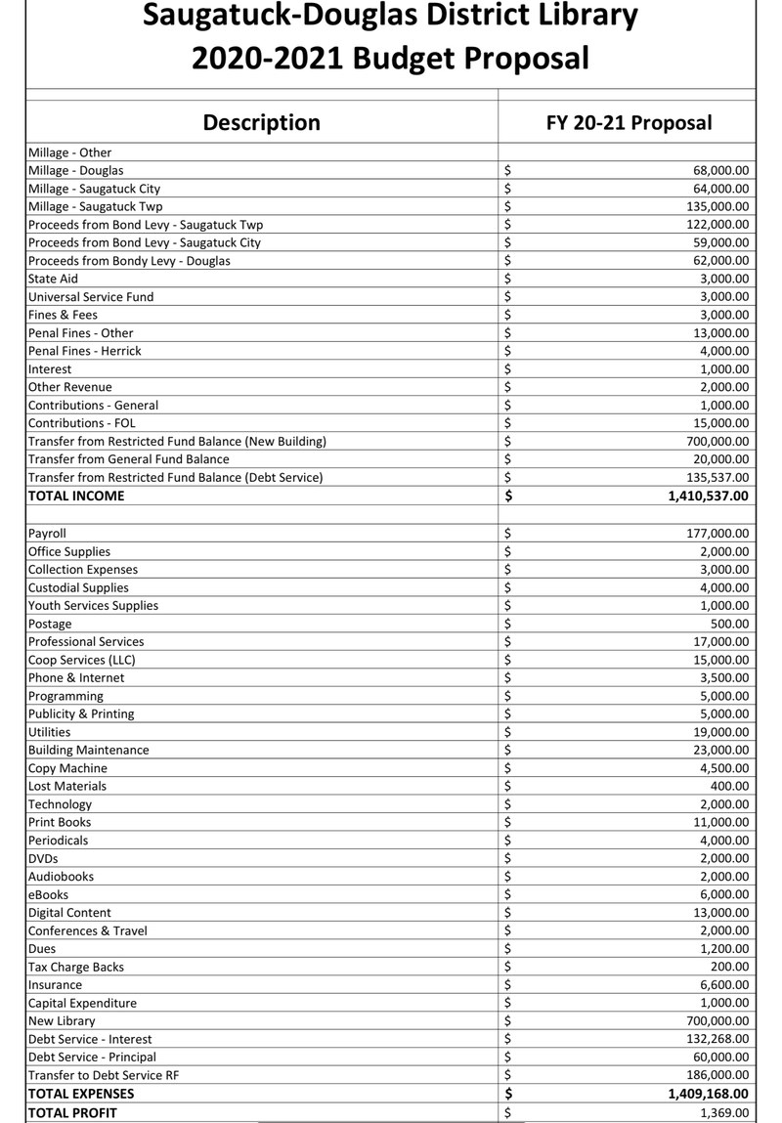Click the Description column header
[x=261, y=122]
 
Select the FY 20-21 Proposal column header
[x=629, y=122]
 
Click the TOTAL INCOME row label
[x=76, y=496]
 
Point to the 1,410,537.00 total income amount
[x=695, y=496]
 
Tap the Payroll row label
[x=47, y=534]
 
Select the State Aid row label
[x=53, y=279]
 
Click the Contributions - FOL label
[x=82, y=423]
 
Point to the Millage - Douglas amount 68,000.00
[x=721, y=170]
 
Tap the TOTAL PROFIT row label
[x=72, y=1112]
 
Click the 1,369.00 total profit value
[x=725, y=1112]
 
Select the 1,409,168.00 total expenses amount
[x=695, y=1094]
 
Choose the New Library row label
[x=62, y=1021]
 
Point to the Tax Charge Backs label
[x=76, y=967]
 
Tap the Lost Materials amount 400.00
[x=730, y=786]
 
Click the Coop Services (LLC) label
[x=82, y=660]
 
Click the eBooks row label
[x=48, y=894]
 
